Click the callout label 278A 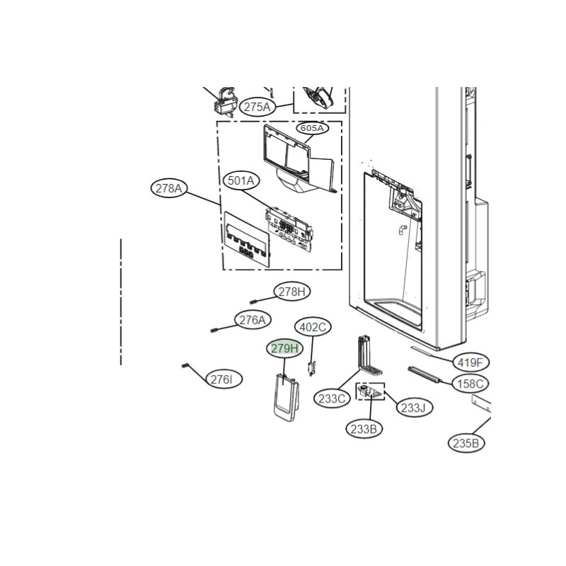169,188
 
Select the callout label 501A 241,181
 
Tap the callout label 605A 312,128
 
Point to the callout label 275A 257,107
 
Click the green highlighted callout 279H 285,349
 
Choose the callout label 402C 313,328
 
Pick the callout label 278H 292,291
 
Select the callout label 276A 253,320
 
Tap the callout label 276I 224,379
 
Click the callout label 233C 332,399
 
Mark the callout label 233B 364,429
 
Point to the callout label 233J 415,408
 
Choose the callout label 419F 470,362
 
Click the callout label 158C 470,383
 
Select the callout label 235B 466,443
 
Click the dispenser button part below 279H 286,398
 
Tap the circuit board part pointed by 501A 288,229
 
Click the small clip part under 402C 311,368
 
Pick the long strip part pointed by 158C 424,374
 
